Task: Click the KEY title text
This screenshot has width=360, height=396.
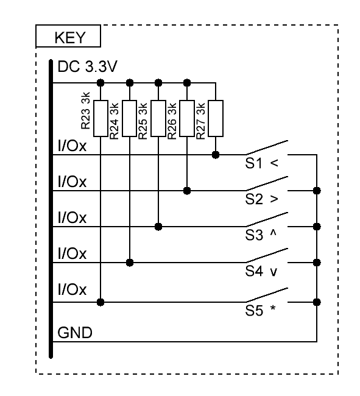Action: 70,38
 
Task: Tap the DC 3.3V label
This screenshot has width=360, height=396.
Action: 87,66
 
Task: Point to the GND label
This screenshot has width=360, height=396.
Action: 75,333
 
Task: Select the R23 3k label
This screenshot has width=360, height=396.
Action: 85,111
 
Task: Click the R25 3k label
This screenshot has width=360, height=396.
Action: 143,121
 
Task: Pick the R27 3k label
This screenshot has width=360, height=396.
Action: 200,121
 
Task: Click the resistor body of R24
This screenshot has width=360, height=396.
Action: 130,118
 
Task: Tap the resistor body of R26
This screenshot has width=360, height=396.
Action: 187,118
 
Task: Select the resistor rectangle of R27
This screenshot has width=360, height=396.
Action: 216,118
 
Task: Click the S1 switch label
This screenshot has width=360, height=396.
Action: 254,163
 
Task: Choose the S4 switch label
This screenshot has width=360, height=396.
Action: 254,271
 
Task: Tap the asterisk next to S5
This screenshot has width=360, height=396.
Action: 273,308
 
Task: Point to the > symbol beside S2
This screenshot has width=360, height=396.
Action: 274,199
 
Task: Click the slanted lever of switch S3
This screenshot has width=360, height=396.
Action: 267,219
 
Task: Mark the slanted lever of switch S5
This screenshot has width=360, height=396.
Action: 267,295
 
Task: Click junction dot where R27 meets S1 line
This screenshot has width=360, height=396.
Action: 216,155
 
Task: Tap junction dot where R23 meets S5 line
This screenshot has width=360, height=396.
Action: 101,302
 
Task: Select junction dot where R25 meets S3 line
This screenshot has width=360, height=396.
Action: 158,227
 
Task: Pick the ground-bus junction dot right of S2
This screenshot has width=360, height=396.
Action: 317,191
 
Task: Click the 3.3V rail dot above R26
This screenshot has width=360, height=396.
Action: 187,83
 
